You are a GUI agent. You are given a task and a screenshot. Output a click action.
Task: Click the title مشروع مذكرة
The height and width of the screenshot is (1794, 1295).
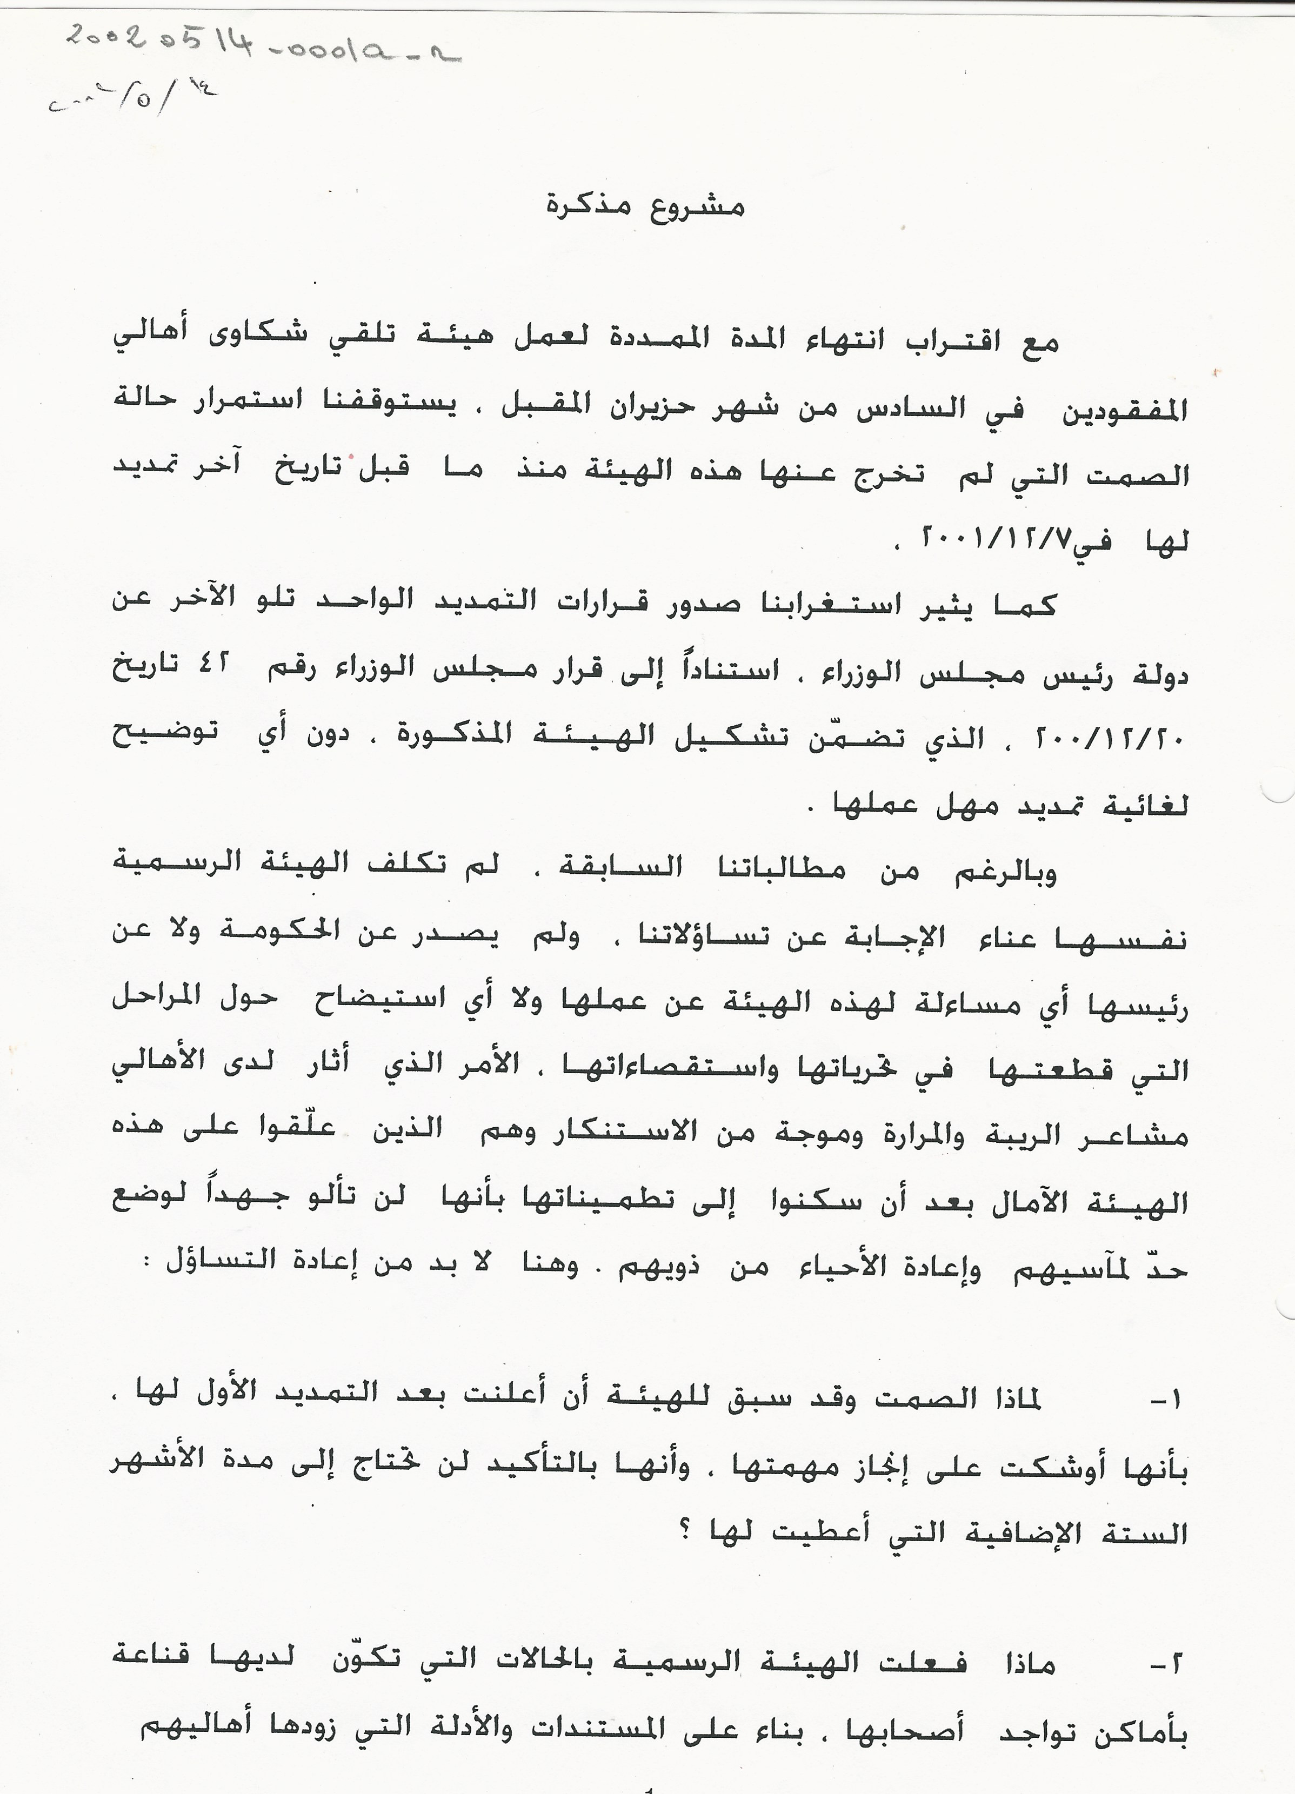click(645, 207)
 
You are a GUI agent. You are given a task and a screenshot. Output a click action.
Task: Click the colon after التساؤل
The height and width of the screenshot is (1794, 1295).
click(146, 1262)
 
